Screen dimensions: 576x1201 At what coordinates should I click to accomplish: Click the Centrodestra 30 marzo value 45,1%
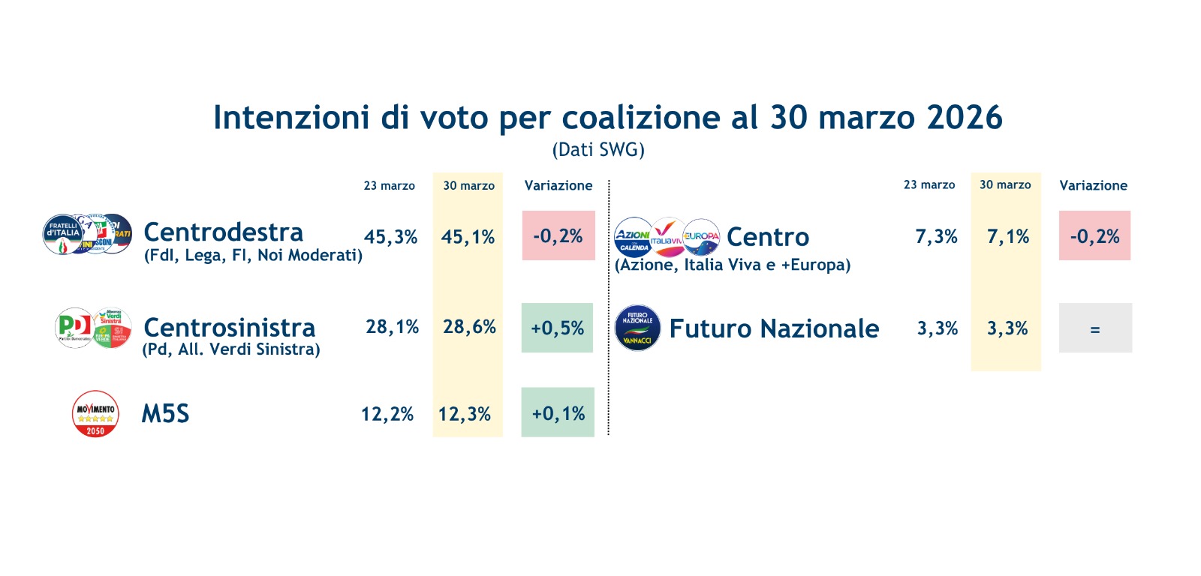click(468, 237)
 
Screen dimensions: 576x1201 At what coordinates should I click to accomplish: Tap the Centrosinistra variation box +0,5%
click(557, 328)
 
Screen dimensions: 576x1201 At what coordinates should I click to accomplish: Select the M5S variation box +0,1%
click(558, 412)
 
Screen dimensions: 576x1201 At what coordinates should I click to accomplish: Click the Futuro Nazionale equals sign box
click(1095, 328)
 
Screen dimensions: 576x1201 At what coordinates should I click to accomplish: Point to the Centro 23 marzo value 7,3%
click(936, 237)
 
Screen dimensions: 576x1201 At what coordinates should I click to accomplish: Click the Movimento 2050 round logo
click(95, 413)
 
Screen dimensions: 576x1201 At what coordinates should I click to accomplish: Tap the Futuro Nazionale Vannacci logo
click(637, 328)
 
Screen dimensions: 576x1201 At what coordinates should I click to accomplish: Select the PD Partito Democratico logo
click(74, 327)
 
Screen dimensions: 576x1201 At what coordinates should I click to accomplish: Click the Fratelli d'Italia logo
click(63, 234)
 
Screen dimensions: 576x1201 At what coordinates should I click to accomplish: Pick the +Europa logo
click(702, 237)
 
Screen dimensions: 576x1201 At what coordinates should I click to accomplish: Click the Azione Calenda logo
click(634, 238)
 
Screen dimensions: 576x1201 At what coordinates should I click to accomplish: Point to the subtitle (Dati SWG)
click(598, 150)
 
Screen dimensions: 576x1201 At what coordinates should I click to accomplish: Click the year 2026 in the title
click(965, 118)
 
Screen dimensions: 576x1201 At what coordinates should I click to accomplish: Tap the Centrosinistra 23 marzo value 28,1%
click(392, 327)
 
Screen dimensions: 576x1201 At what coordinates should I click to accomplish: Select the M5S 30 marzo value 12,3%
click(465, 414)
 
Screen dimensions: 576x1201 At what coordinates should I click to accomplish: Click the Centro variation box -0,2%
click(1094, 236)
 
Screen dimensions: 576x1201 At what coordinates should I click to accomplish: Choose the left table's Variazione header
click(558, 185)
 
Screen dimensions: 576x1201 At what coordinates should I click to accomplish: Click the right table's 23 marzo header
click(929, 184)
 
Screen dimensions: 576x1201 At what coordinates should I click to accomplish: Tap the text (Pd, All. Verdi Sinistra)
click(231, 349)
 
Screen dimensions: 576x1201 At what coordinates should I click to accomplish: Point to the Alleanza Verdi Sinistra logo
click(113, 328)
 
